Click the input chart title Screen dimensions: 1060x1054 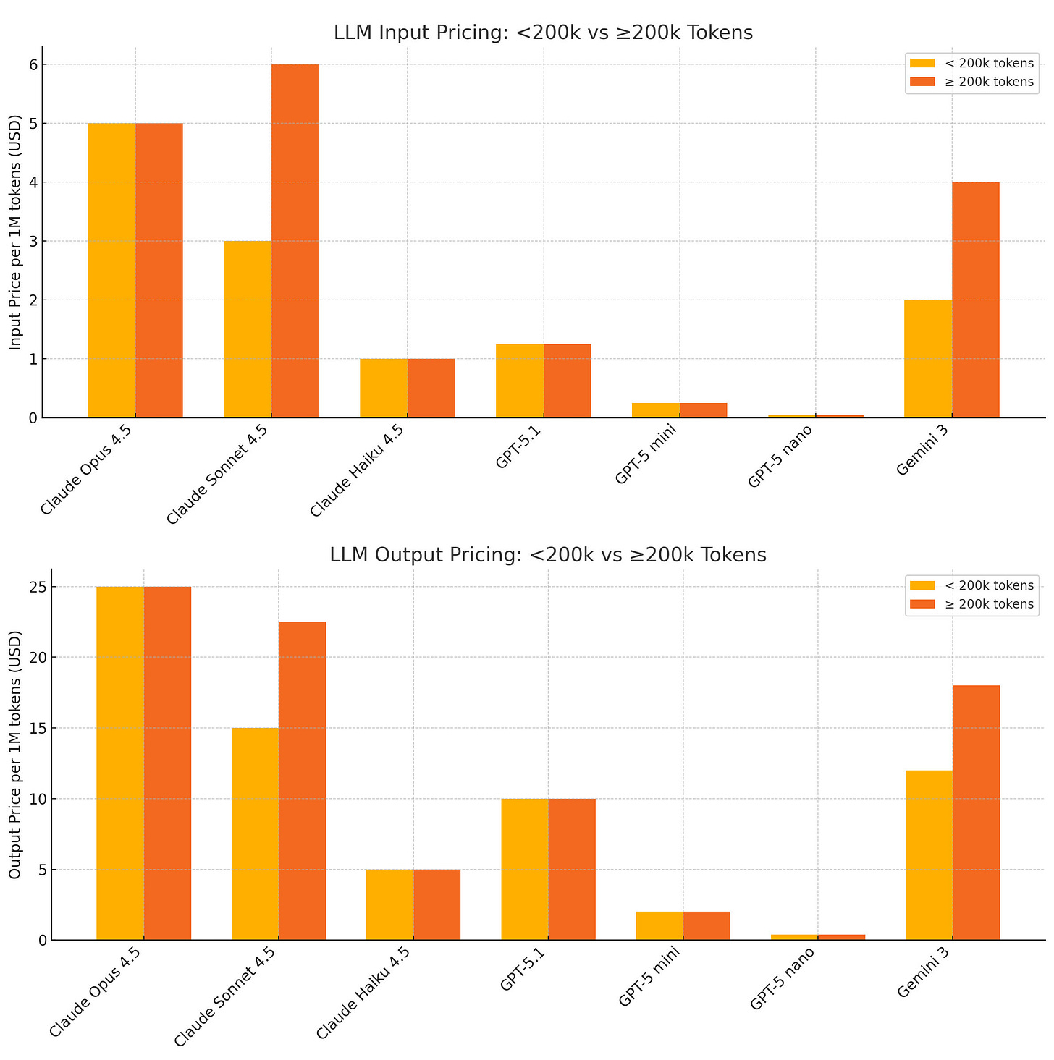click(x=543, y=33)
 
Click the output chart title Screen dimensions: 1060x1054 click(x=547, y=555)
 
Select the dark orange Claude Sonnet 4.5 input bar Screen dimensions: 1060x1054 click(x=295, y=241)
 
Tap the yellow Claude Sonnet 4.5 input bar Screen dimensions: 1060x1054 click(x=248, y=329)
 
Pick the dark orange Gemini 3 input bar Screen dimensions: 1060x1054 click(x=976, y=300)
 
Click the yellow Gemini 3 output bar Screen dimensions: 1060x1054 click(x=929, y=855)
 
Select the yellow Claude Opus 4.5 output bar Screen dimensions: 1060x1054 click(x=120, y=763)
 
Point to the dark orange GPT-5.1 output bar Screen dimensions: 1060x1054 click(x=572, y=869)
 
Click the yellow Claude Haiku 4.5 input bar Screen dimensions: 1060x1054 click(x=384, y=388)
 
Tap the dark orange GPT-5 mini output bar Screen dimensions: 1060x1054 click(x=707, y=925)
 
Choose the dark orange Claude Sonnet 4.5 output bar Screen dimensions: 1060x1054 click(x=302, y=781)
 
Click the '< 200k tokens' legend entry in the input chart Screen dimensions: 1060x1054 click(x=972, y=63)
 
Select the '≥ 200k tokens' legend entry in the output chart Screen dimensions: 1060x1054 click(x=972, y=604)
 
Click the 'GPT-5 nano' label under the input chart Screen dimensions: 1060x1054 click(x=780, y=457)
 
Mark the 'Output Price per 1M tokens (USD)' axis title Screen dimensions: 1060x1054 click(x=14, y=754)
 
